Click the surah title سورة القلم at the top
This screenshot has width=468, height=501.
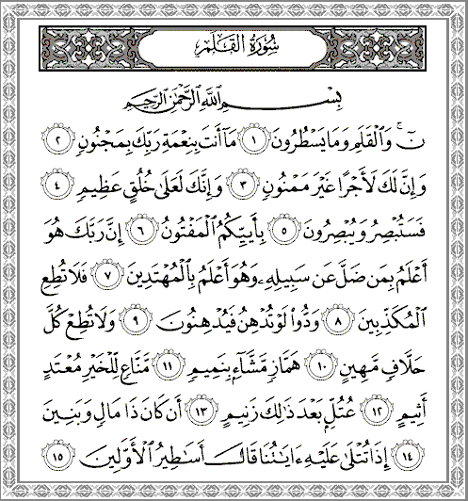coord(233,44)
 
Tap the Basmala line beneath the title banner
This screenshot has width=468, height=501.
coord(233,97)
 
